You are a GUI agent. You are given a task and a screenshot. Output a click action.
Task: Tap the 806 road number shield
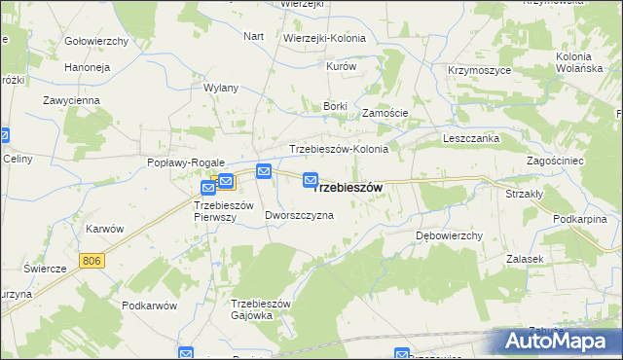point(92,260)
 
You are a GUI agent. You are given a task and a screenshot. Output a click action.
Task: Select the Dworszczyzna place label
point(299,215)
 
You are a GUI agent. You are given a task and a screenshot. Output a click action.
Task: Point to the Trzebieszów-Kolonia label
point(339,149)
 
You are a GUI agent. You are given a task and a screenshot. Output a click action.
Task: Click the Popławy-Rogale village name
point(186,162)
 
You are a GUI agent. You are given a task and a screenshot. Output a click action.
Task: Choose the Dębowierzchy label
point(449,235)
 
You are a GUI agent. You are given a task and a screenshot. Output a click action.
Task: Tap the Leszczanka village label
point(472,138)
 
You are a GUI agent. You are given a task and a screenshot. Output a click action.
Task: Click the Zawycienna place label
point(73,100)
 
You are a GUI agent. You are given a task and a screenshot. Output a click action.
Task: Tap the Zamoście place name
point(385,113)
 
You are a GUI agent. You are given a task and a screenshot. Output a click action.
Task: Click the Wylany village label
point(221,88)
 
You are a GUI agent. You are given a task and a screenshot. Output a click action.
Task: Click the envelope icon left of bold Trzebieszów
point(311,179)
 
